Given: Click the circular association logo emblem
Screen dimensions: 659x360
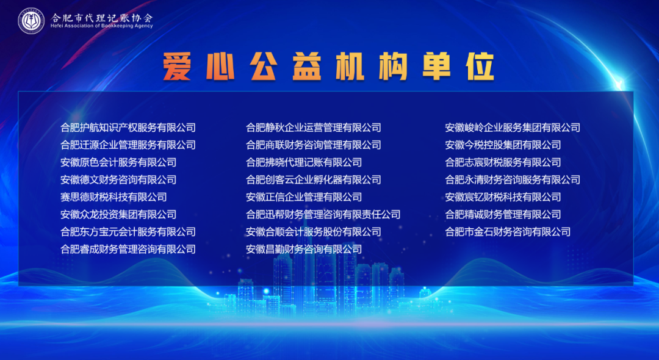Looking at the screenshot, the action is pyautogui.click(x=31, y=21).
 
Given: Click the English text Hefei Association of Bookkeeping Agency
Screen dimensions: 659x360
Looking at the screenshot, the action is pyautogui.click(x=102, y=26).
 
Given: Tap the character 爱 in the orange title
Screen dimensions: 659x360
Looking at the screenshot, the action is pyautogui.click(x=177, y=67).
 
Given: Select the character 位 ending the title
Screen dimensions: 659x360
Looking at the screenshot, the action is pyautogui.click(x=480, y=67).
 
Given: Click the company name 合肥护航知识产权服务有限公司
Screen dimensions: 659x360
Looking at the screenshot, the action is pyautogui.click(x=128, y=128).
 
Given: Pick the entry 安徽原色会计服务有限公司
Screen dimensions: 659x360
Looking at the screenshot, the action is pyautogui.click(x=118, y=162).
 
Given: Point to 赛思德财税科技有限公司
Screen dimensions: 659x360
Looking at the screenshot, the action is pyautogui.click(x=113, y=197).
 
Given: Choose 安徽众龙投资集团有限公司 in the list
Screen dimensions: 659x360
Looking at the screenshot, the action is pyautogui.click(x=118, y=215).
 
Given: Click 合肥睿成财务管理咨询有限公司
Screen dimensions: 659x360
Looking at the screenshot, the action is pyautogui.click(x=128, y=249).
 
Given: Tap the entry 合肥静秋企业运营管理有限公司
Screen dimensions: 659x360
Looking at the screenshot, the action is pyautogui.click(x=314, y=128).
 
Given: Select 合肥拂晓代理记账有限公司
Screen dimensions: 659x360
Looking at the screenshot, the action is pyautogui.click(x=304, y=162).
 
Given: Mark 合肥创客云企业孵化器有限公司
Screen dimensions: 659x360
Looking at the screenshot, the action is pyautogui.click(x=314, y=180).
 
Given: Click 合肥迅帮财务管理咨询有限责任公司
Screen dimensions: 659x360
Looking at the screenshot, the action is pyautogui.click(x=323, y=215).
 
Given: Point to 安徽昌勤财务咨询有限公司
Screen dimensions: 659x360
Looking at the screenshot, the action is pyautogui.click(x=304, y=249).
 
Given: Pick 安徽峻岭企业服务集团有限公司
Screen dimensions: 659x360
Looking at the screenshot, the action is pyautogui.click(x=513, y=128).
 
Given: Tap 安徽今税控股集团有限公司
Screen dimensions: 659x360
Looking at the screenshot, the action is pyautogui.click(x=503, y=145).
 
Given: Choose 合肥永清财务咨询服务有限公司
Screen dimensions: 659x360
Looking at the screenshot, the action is pyautogui.click(x=513, y=180).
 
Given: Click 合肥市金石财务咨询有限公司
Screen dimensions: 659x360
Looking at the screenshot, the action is pyautogui.click(x=508, y=232).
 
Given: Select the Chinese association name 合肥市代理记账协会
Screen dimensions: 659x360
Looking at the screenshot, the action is pyautogui.click(x=102, y=18).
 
